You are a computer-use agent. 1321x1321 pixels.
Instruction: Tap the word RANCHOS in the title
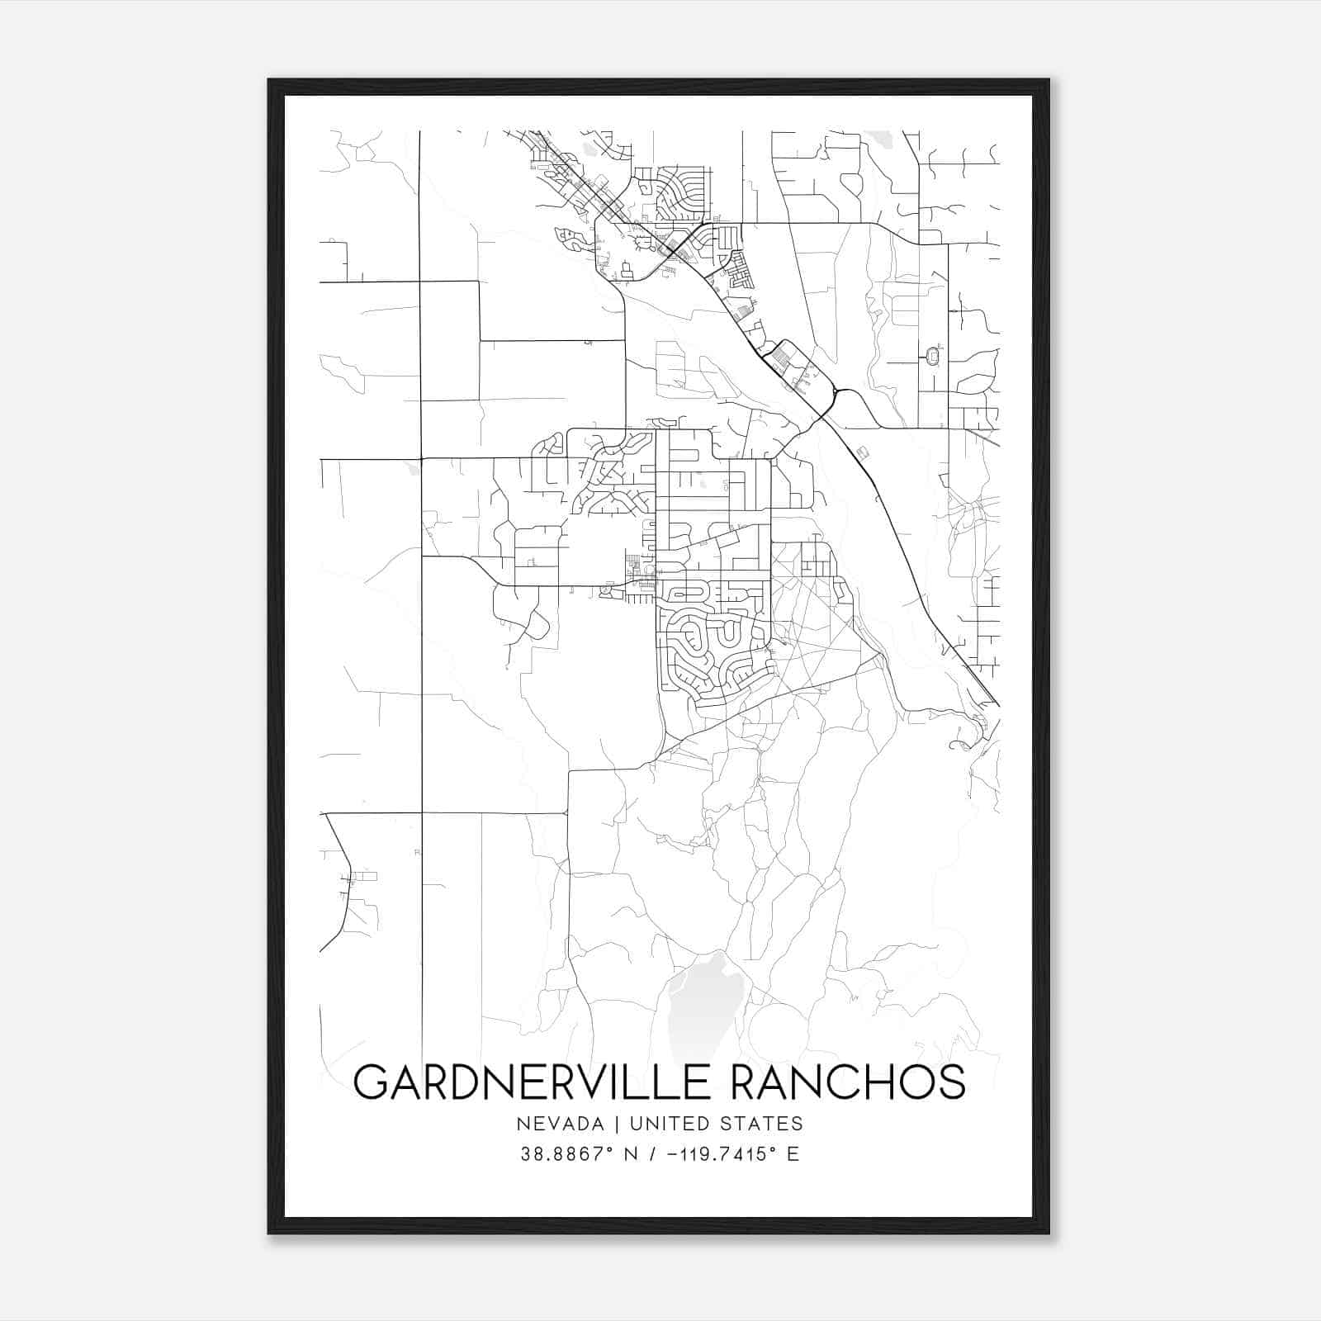pos(849,1082)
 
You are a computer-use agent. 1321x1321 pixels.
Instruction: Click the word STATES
pos(760,1123)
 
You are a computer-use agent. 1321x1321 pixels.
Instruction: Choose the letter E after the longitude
pos(793,1154)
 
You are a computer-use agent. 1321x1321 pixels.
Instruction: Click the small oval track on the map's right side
pos(934,356)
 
